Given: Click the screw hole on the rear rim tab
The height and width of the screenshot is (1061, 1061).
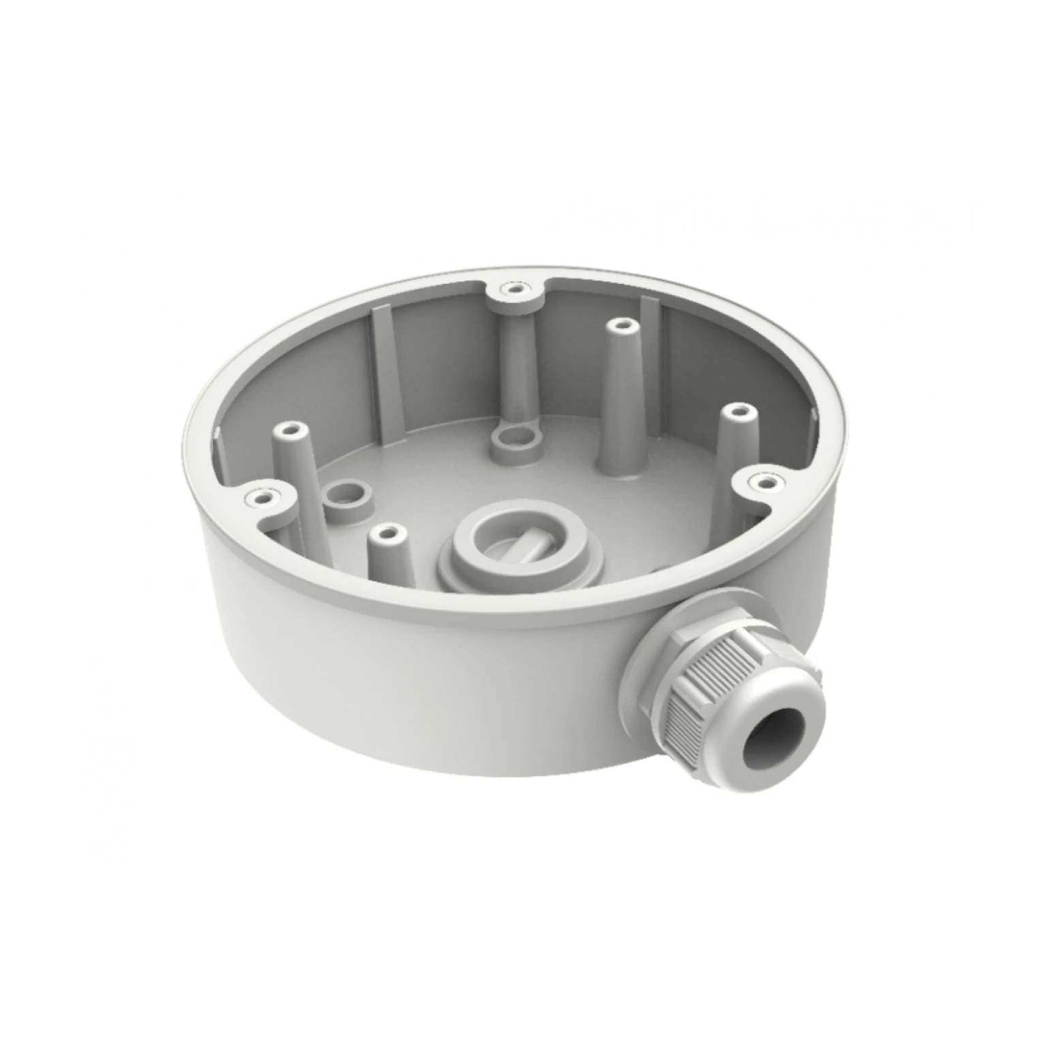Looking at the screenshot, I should coord(513,289).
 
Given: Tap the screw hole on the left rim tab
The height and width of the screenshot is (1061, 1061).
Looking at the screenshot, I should coord(261,499).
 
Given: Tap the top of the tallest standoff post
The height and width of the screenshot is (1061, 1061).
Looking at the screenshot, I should coord(618,326).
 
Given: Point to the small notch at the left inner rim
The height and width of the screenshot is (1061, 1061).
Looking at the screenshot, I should coord(217,432).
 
